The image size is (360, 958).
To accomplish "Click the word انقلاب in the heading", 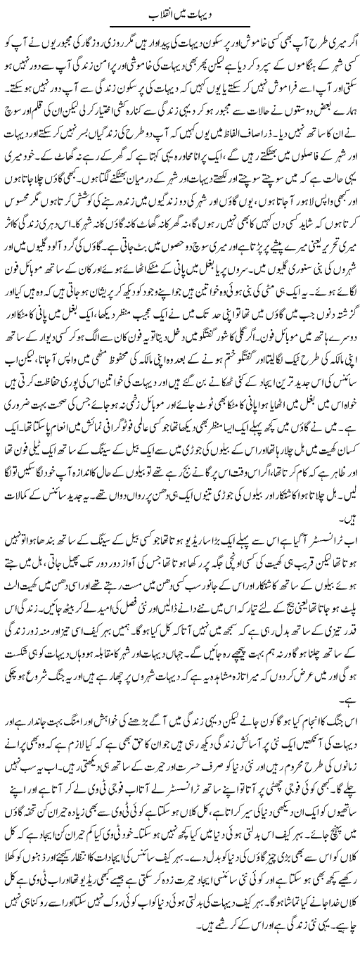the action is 167,15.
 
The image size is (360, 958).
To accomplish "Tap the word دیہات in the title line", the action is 202,15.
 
